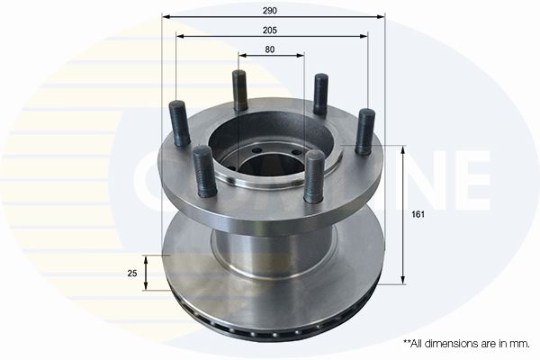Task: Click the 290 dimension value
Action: coord(270,10)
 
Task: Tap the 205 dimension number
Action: coord(270,31)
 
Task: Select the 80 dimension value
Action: coord(270,49)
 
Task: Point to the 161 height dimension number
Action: coord(418,214)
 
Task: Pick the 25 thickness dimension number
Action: coord(131,274)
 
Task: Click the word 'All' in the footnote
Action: coord(419,344)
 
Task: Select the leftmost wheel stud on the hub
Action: coord(177,124)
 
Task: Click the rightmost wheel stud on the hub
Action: coord(364,131)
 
